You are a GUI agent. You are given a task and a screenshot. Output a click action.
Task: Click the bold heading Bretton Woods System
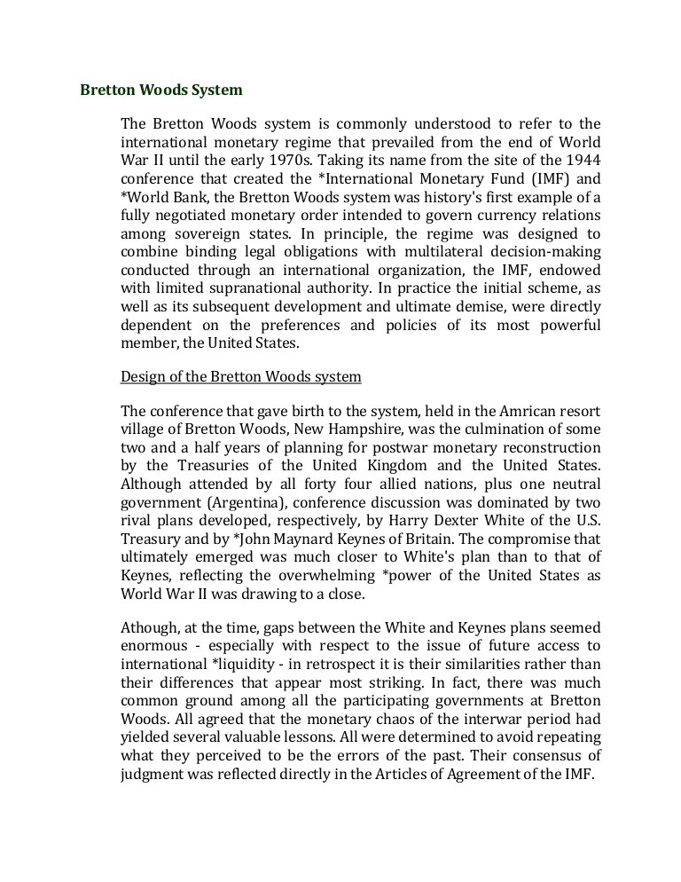[x=161, y=90]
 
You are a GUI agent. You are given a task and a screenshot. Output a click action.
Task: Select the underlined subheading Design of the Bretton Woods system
[x=240, y=376]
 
